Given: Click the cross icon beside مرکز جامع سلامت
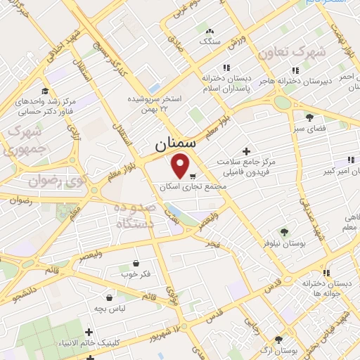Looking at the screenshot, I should pyautogui.click(x=245, y=151).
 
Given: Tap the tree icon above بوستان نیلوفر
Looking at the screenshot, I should pyautogui.click(x=283, y=231).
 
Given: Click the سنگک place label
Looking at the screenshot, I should pyautogui.click(x=209, y=41).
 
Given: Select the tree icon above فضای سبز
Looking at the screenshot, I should pyautogui.click(x=309, y=117).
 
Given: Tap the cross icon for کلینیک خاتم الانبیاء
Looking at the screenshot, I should pyautogui.click(x=88, y=332).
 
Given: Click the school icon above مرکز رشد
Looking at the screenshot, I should pyautogui.click(x=45, y=91).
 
